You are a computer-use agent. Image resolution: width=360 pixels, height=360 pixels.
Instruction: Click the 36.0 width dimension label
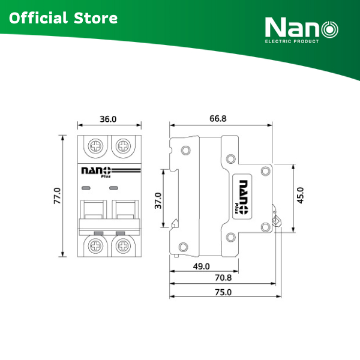(108, 119)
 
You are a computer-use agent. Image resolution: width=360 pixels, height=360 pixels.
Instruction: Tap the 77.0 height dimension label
(57, 196)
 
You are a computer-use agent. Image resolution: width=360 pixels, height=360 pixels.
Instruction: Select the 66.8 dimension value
(218, 118)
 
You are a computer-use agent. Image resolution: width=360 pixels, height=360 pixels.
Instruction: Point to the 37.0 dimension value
(158, 200)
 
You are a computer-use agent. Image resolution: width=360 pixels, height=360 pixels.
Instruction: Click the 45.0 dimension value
(301, 196)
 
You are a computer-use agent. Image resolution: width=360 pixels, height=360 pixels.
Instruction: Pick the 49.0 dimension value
(202, 266)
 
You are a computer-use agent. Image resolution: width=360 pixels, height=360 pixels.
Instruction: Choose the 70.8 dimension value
(223, 278)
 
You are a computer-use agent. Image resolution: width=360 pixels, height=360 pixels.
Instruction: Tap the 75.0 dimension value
(223, 292)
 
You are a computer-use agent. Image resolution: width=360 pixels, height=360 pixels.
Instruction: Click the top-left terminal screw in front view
(95, 146)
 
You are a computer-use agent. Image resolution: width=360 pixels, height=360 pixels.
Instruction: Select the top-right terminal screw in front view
(123, 146)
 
